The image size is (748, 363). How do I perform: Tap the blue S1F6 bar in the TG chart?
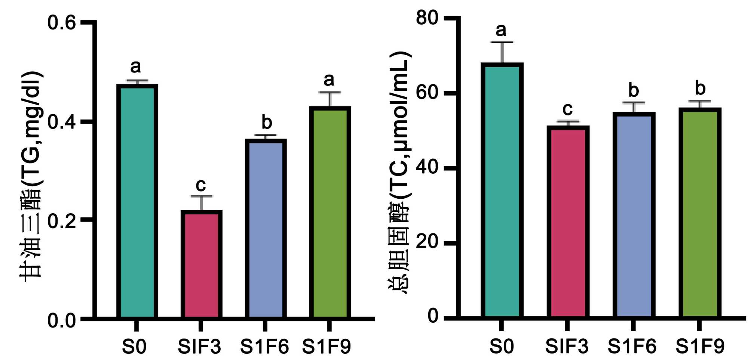[x=266, y=228]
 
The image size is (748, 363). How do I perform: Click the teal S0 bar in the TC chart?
[x=502, y=190]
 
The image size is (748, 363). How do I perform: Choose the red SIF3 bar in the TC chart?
[x=568, y=222]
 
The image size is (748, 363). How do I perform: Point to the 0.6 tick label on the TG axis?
[x=62, y=23]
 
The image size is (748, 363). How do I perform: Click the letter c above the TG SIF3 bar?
[x=201, y=185]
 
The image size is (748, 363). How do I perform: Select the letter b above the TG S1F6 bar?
[x=266, y=122]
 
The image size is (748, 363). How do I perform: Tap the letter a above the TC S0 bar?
[x=501, y=30]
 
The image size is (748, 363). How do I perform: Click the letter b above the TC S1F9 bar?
[x=700, y=88]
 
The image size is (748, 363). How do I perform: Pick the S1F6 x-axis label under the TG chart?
[x=264, y=347]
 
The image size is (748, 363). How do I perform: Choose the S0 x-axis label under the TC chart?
[x=502, y=347]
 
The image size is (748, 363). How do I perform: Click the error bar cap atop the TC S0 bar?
[x=502, y=42]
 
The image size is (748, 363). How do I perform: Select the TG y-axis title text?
[x=31, y=176]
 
